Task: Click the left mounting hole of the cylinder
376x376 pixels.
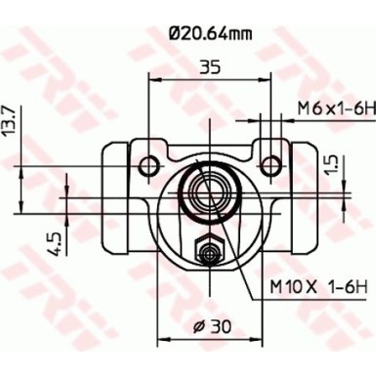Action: (x=148, y=161)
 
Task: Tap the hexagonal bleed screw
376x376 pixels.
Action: (x=206, y=253)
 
